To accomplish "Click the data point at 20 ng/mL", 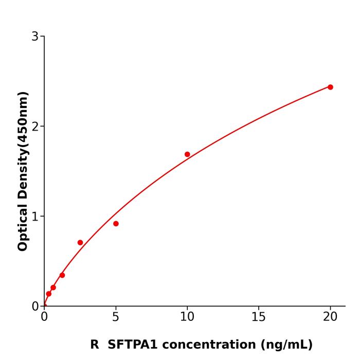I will (330, 87).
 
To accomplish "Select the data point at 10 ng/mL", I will (187, 154).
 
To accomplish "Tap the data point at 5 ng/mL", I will (116, 224).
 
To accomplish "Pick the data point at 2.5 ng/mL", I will (80, 242).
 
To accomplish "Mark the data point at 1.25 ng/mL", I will (62, 275).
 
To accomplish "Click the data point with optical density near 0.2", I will (53, 287).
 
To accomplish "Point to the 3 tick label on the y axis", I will (35, 36).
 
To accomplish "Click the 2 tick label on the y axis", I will (35, 126).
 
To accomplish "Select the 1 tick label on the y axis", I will (35, 216).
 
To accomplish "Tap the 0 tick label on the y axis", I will (35, 306).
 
